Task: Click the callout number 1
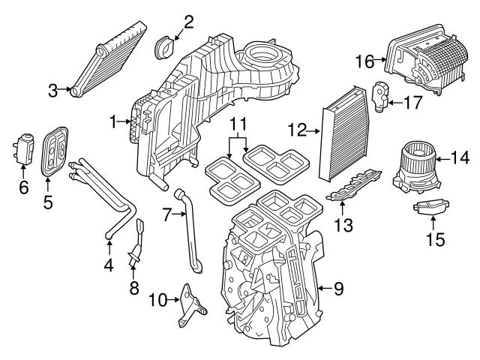tap(113, 121)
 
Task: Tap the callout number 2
tap(188, 21)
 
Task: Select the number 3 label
tap(52, 91)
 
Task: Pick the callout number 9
tap(337, 287)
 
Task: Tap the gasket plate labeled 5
tap(55, 151)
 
